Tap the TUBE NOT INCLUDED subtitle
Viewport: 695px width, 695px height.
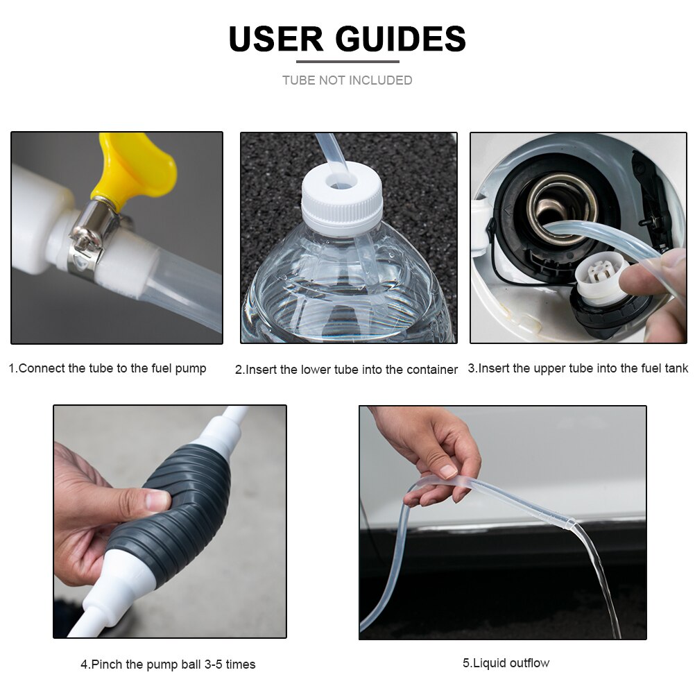[347, 80]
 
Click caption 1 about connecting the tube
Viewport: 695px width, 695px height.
[108, 368]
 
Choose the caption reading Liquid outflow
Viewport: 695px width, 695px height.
[506, 663]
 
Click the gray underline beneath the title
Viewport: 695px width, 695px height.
[347, 62]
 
